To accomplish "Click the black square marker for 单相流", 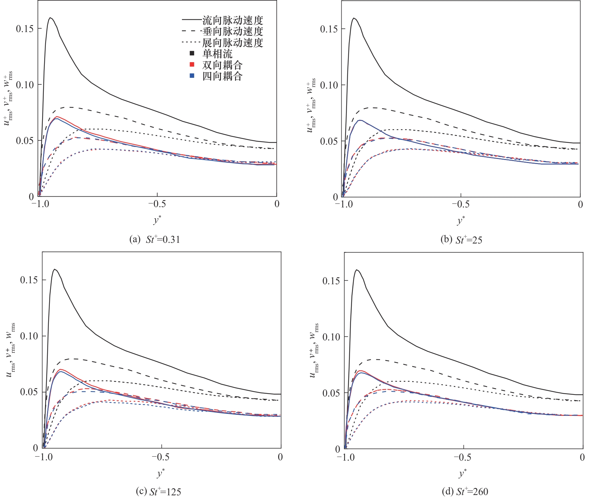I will coord(192,53).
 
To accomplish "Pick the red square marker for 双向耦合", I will coord(192,64).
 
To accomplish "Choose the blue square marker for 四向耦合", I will coord(192,75).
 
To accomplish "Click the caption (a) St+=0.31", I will coord(155,239).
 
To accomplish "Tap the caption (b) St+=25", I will coord(461,239).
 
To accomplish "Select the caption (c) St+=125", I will coord(158,491).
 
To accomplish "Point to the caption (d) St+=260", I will coord(465,491).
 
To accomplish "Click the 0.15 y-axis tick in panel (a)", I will coord(25,29).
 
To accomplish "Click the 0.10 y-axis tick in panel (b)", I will coord(329,85).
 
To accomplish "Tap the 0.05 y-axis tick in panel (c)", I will coord(29,392).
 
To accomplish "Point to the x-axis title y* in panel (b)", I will coord(461,220).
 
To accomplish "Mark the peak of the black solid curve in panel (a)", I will coord(50,18).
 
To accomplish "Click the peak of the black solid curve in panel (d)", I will coord(357,270).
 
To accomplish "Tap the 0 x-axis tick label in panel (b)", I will coord(580,204).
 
